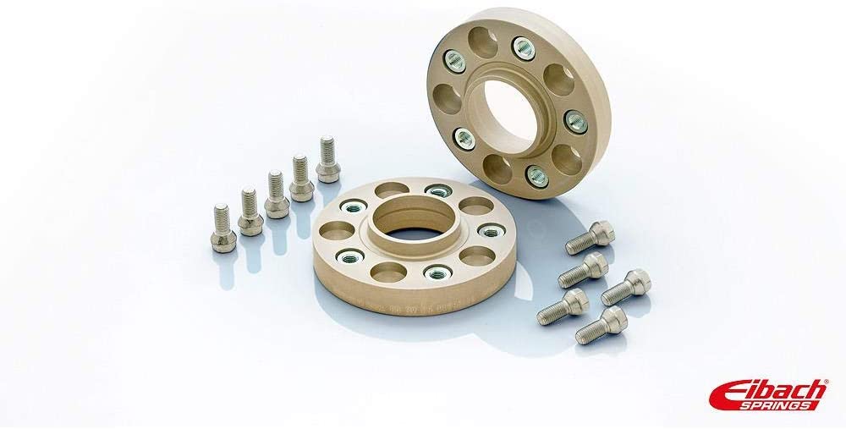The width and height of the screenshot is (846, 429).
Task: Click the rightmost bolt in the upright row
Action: coord(327,159)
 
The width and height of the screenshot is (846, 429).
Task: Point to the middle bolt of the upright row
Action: coord(275,194)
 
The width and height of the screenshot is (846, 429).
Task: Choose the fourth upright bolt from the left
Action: coord(301,178)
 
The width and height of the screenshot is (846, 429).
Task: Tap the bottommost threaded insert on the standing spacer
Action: coord(536,176)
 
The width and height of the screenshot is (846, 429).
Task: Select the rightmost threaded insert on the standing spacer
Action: coord(574,120)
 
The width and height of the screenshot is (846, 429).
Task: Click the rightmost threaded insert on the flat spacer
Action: coord(489,230)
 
